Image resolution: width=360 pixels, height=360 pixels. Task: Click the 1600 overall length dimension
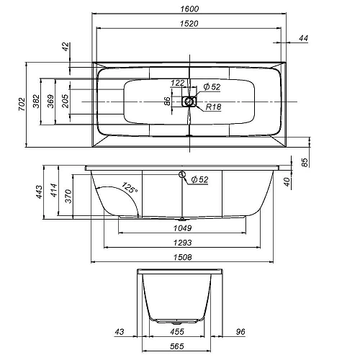point(189,9)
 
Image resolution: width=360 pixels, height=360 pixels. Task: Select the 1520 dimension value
point(189,24)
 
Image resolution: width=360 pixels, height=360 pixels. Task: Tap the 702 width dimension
point(22,104)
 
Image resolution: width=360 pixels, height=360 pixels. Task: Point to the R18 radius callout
point(213,107)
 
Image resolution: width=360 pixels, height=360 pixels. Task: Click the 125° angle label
point(130,187)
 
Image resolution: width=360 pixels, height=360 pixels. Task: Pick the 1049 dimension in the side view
point(183,228)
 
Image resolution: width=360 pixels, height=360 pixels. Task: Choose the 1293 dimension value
point(183,243)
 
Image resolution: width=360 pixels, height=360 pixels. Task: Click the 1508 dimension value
point(183,257)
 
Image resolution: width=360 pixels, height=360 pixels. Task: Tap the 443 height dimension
point(39,192)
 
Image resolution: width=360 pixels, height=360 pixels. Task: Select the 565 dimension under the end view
point(177,346)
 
